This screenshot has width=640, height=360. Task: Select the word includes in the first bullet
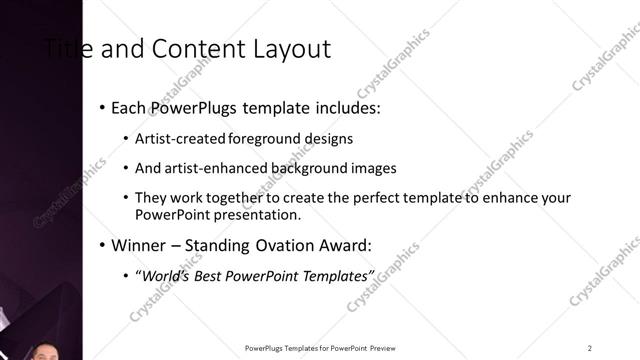(343, 107)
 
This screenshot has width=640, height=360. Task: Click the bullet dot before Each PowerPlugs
(104, 107)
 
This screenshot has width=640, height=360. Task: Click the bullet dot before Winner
(104, 245)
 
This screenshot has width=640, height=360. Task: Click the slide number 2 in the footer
(590, 347)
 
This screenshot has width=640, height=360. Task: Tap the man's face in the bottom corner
(46, 351)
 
